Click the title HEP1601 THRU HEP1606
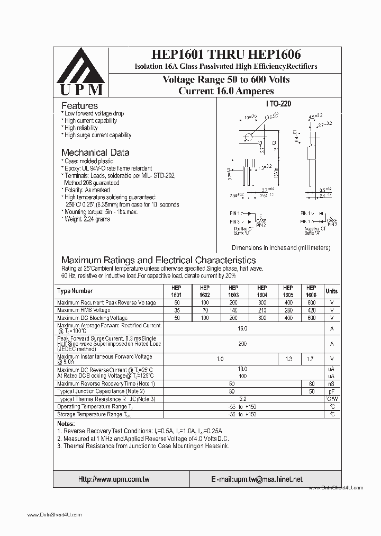226,55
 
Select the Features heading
79,106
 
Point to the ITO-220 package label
279,104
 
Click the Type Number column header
75,291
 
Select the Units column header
331,291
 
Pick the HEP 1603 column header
233,291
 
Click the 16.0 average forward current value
242,329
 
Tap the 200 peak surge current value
242,344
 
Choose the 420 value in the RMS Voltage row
311,310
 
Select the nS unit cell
331,383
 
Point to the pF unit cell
331,391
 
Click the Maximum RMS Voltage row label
84,310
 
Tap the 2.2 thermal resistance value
242,399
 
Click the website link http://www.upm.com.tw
114,479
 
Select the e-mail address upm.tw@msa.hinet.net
257,479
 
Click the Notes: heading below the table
66,424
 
